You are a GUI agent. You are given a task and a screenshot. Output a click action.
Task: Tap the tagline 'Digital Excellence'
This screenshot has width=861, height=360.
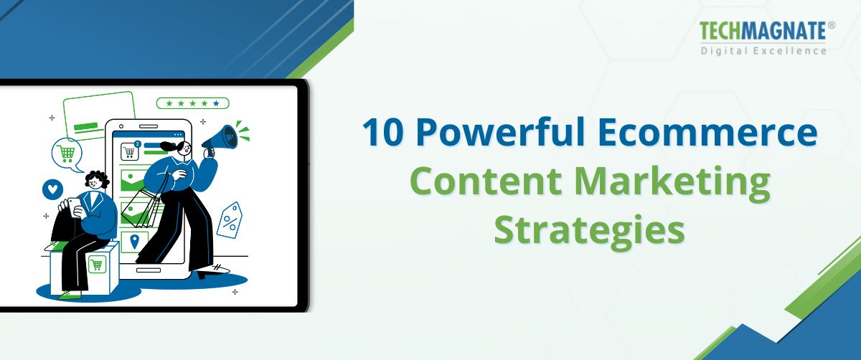pyautogui.click(x=763, y=51)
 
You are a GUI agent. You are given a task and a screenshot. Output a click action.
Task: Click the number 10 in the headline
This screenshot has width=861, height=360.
pyautogui.click(x=383, y=134)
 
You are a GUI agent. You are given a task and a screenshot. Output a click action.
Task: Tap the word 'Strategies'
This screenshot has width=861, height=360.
pyautogui.click(x=589, y=231)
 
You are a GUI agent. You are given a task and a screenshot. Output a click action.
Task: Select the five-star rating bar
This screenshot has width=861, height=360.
pyautogui.click(x=193, y=103)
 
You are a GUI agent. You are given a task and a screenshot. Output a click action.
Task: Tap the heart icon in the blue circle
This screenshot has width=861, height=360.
pyautogui.click(x=52, y=189)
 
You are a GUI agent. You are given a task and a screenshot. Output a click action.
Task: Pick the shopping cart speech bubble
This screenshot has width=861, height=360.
pyautogui.click(x=67, y=153)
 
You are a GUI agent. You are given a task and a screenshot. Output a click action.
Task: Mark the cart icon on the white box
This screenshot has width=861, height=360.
pyautogui.click(x=97, y=264)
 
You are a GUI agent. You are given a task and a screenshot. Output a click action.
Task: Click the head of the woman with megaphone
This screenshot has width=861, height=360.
pyautogui.click(x=180, y=148)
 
